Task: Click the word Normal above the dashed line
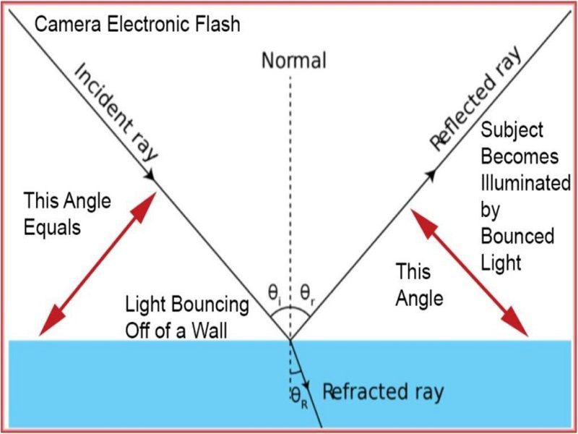293,60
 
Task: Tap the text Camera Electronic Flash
137,25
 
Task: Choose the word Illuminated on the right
526,183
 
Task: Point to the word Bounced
517,236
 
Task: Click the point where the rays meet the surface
290,339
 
